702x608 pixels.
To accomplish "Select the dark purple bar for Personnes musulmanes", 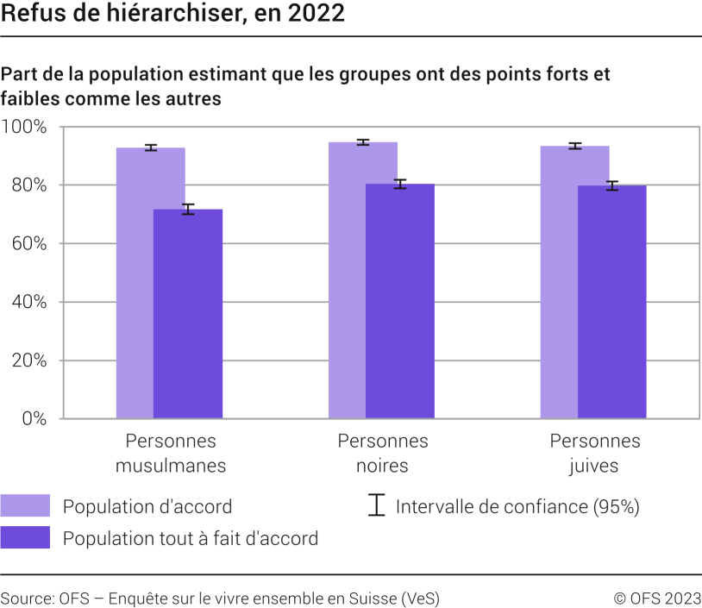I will [188, 315].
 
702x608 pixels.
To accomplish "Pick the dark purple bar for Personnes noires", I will [400, 302].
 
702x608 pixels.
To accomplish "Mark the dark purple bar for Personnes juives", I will [612, 302].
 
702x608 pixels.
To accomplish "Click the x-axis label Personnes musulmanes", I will [171, 454].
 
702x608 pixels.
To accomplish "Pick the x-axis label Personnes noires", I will [382, 454].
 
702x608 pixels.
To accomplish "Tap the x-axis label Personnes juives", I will [595, 454].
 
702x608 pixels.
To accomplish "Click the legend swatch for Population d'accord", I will [26, 506].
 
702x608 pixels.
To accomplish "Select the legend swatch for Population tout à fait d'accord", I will [26, 538].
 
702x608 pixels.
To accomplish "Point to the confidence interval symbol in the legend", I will [376, 506].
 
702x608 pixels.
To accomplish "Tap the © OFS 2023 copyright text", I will [656, 598].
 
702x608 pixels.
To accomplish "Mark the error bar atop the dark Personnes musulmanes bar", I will [188, 209].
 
